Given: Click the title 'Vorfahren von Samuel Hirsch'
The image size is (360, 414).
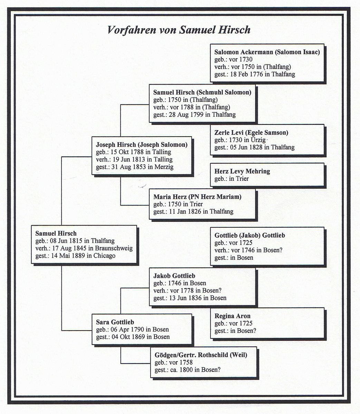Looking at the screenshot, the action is pos(179,30).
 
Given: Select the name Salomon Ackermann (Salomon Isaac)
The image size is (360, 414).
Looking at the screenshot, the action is pos(267,52).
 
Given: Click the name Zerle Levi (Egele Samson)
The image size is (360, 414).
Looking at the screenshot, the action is pos(251,132).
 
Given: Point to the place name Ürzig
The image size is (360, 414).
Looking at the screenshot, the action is pos(258,140).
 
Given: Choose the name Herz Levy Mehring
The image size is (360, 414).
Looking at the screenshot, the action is pos(242,171).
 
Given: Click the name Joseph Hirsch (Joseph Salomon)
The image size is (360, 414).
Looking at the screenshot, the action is pos(142,145).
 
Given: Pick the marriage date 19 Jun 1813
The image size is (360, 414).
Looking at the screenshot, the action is pos(129,159).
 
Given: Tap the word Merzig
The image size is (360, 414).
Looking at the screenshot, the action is pos(164,167).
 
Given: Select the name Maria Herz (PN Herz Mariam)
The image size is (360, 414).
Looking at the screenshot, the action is pos(197,197).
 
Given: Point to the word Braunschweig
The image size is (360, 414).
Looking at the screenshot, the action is pos(114,248).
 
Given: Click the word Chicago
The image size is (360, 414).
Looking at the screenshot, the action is pos(105,256).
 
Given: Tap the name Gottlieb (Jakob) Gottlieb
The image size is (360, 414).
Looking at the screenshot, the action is pos(250,235).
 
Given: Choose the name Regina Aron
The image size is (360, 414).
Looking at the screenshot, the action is pos(233,316).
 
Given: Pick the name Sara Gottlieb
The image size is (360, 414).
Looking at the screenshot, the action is pos(115,322).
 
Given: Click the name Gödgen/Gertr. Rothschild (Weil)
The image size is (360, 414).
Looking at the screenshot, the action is pos(201,355).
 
